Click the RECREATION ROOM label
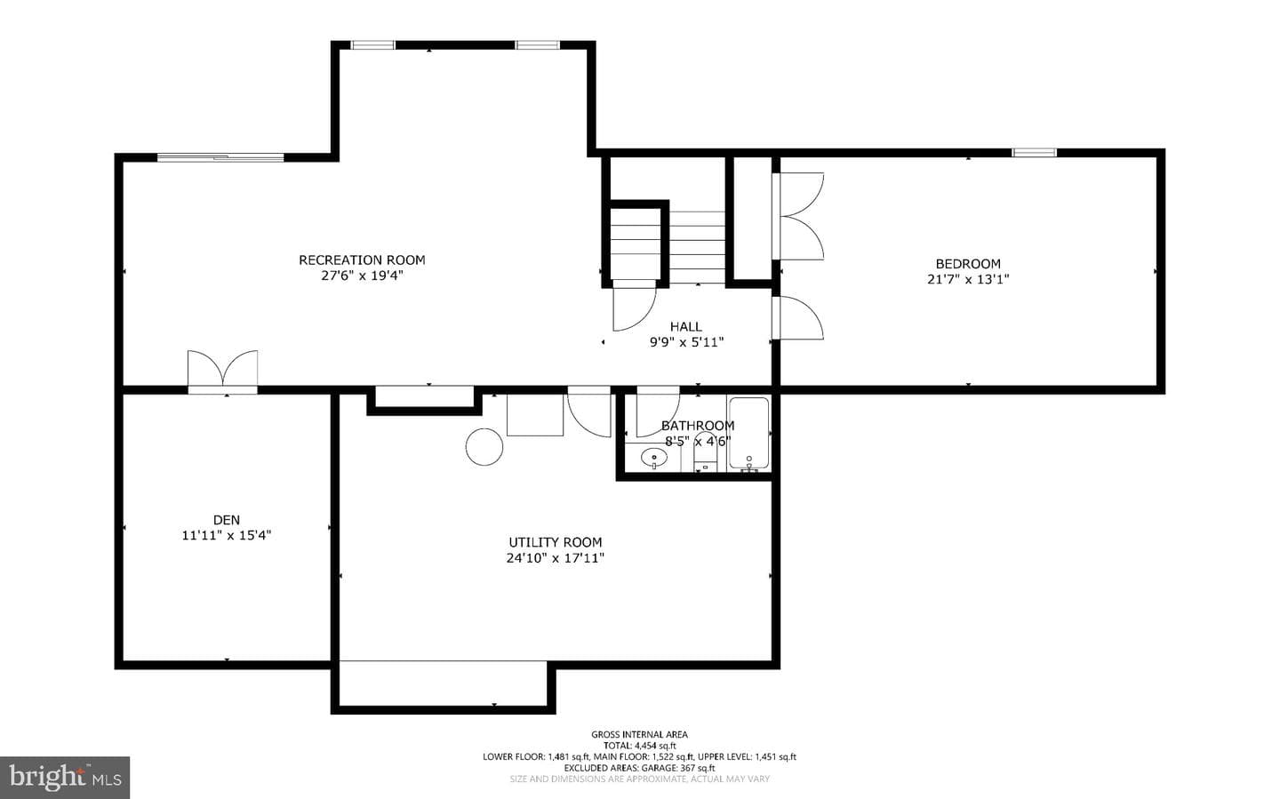tap(362, 260)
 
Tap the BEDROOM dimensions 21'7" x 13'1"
tap(968, 279)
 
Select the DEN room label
tap(227, 520)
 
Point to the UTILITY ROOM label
tap(556, 542)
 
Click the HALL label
tap(685, 327)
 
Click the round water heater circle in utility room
tap(484, 446)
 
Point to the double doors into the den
tap(222, 372)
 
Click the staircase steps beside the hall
tap(668, 247)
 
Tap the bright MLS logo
tap(65, 778)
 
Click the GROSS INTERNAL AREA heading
tap(639, 735)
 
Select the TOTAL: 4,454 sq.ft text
tap(639, 746)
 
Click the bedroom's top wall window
tap(1035, 153)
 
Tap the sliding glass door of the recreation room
tap(220, 157)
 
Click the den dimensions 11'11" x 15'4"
tap(227, 536)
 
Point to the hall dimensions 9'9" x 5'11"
tap(686, 343)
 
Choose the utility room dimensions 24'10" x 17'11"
tap(556, 558)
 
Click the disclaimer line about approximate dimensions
tap(639, 779)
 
